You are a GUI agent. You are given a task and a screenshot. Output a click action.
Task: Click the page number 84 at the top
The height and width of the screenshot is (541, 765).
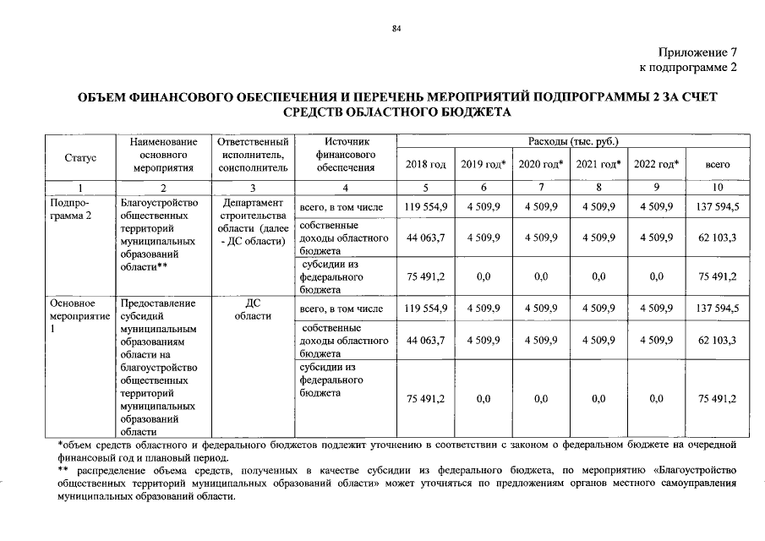[396, 30]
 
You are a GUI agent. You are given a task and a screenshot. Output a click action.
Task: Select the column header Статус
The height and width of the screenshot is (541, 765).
[80, 157]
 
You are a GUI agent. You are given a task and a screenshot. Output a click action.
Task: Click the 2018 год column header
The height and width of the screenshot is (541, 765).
[426, 164]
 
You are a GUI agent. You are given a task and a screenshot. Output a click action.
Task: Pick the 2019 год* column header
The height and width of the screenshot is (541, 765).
[484, 164]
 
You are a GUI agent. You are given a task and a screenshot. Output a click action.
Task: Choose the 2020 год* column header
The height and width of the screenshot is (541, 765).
[541, 164]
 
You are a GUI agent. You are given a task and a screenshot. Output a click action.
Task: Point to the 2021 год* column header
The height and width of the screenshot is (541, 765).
[598, 164]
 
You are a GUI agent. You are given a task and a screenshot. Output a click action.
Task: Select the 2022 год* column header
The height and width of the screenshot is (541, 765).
[656, 164]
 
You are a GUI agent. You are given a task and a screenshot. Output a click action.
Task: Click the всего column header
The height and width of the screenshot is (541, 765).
[717, 164]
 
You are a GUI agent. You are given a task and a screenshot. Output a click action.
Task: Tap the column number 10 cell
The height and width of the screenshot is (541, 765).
[717, 188]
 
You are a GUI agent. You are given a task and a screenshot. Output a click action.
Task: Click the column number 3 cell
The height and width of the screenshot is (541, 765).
[253, 188]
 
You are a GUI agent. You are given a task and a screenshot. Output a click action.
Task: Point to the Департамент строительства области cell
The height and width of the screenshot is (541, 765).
[253, 222]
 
